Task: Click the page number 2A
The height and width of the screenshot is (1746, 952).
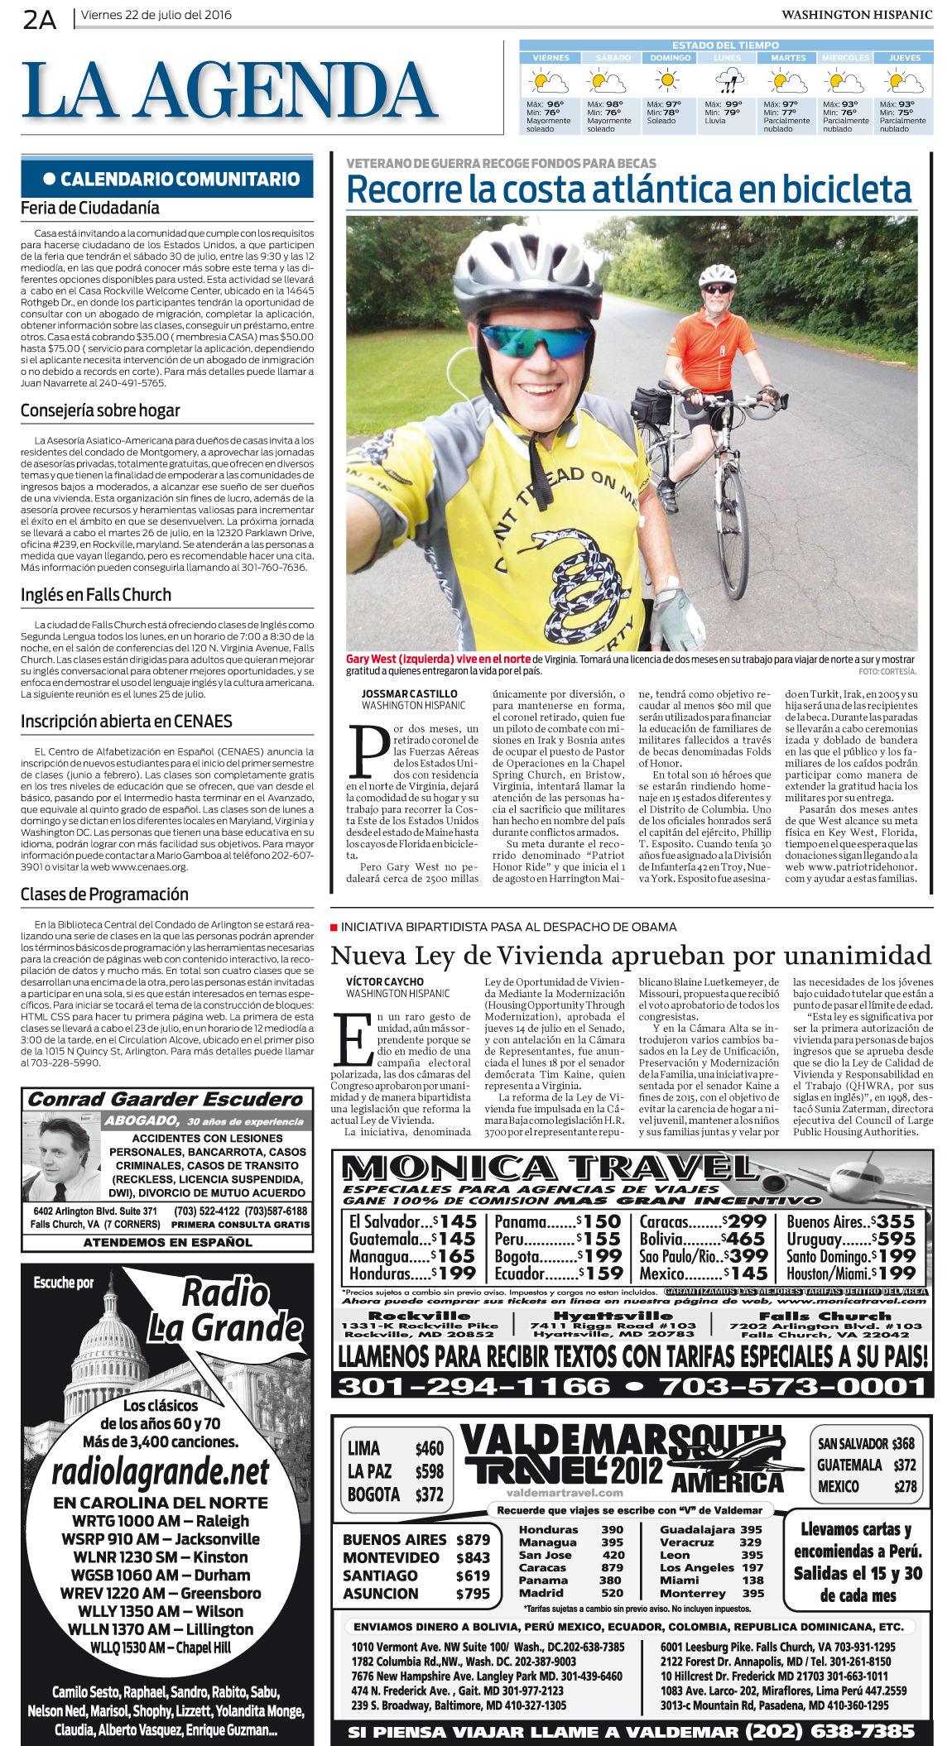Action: (39, 18)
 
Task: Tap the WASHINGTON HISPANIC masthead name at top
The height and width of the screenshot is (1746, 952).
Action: (856, 15)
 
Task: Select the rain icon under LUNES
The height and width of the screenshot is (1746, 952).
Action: (728, 82)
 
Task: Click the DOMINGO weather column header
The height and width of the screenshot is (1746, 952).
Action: (670, 58)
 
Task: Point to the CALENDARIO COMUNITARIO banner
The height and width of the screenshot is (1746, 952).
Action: (167, 179)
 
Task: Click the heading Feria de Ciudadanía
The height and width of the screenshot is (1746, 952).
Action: (90, 209)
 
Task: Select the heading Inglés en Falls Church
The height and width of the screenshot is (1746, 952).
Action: (96, 595)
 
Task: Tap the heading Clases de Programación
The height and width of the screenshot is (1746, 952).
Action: (104, 895)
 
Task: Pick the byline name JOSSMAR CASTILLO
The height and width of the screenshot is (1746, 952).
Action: (409, 694)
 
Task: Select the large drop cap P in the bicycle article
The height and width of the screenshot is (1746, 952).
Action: (368, 753)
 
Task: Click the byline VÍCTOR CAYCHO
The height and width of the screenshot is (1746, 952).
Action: (385, 981)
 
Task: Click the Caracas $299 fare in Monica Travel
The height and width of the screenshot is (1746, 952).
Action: (703, 1221)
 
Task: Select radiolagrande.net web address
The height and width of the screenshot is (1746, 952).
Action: (161, 1473)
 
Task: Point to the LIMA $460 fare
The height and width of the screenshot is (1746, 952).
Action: (395, 1448)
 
